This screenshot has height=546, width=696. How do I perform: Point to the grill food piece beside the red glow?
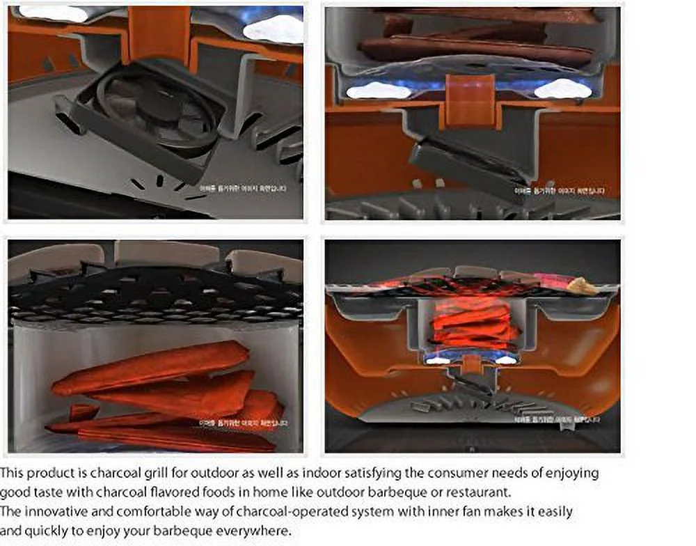coord(579,286)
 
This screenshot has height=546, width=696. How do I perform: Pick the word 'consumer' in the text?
coord(451,473)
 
